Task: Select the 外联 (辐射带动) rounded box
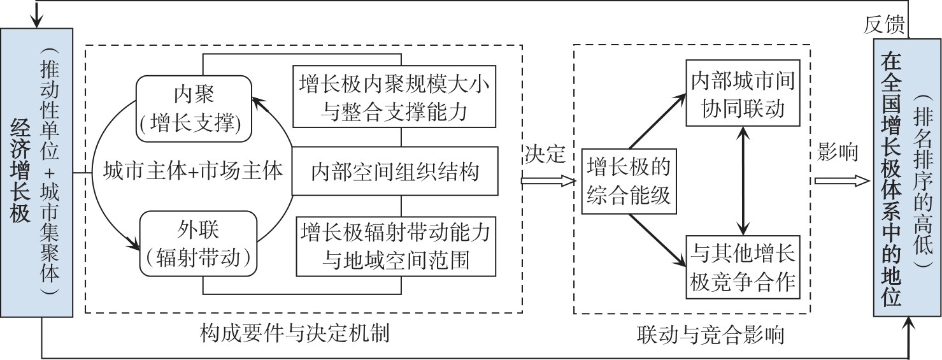(x=194, y=245)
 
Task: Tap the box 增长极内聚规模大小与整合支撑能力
(x=395, y=96)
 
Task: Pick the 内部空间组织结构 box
(x=395, y=171)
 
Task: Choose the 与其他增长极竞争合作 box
(x=742, y=267)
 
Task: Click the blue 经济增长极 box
(x=21, y=172)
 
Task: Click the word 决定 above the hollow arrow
(x=545, y=154)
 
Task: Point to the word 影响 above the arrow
(x=837, y=154)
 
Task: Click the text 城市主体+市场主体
(x=193, y=171)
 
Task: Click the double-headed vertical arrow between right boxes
(x=743, y=180)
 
